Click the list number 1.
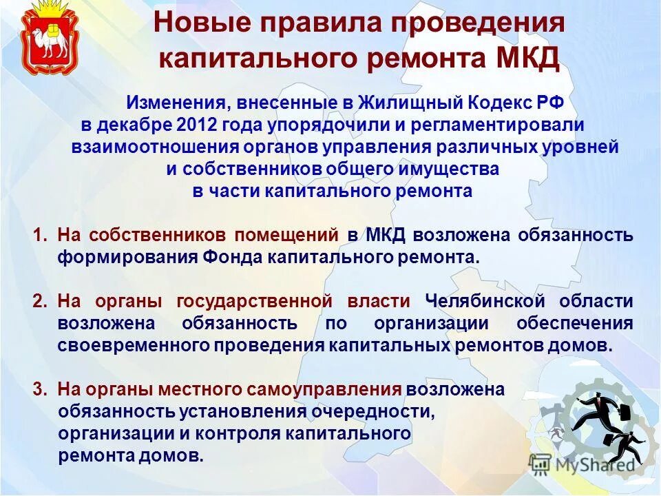click(39, 235)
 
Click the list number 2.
click(39, 301)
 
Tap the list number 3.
click(39, 389)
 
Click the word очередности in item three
click(379, 411)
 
